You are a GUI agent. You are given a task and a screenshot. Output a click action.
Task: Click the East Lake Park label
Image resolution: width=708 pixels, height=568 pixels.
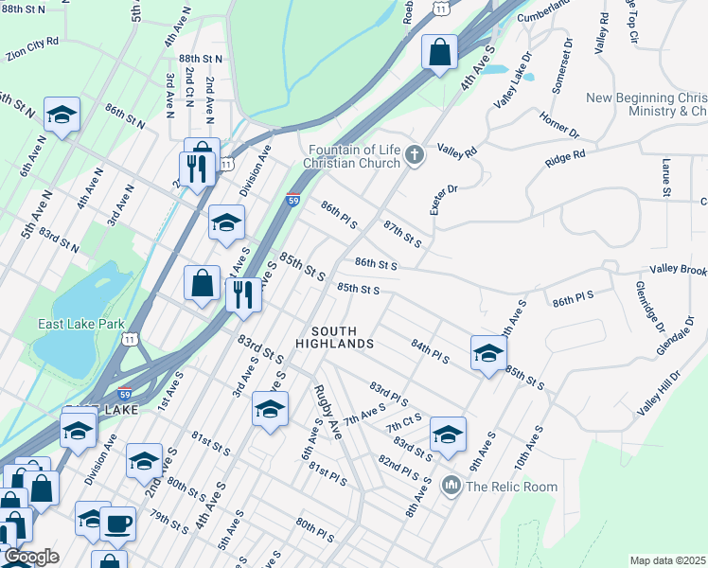tap(81, 324)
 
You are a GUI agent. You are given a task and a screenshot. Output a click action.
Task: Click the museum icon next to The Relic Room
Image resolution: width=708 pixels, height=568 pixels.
tap(451, 487)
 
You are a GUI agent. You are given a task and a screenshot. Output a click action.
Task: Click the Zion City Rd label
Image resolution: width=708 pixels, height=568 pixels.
tap(32, 47)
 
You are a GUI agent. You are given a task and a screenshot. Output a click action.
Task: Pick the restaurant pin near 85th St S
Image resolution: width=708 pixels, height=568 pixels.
tap(243, 294)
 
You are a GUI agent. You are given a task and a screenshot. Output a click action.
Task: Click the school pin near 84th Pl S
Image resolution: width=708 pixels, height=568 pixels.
tap(488, 353)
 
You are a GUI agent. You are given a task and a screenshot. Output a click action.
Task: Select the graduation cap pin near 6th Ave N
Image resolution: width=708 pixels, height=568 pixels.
tap(62, 115)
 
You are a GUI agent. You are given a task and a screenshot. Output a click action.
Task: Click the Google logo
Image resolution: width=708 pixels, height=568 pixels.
tap(31, 558)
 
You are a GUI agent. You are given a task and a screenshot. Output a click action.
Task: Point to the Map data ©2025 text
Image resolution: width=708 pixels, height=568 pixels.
tap(667, 560)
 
